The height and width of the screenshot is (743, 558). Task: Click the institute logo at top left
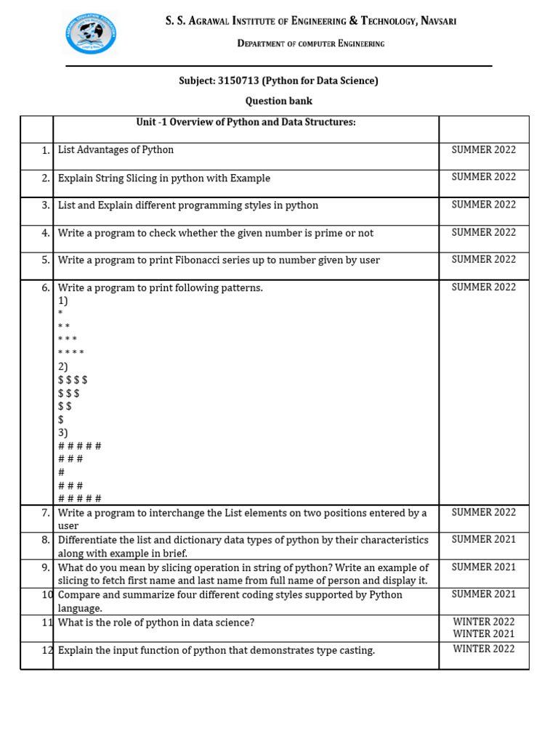(x=91, y=34)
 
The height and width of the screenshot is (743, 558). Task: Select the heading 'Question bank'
(x=278, y=101)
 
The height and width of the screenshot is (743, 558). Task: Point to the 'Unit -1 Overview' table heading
(x=246, y=122)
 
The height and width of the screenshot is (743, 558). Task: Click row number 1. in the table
(x=45, y=150)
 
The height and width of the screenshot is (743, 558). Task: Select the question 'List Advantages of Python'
(x=116, y=150)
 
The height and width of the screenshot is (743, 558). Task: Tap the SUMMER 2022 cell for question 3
(x=483, y=205)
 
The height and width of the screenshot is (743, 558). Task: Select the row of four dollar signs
(x=73, y=379)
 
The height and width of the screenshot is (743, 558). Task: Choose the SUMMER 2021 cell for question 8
(x=483, y=539)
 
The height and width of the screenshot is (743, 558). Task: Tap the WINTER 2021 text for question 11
(x=483, y=634)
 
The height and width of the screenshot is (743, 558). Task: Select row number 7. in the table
(x=45, y=513)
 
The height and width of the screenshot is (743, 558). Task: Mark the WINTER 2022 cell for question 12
(x=483, y=649)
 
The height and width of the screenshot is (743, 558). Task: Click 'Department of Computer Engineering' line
(x=311, y=44)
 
